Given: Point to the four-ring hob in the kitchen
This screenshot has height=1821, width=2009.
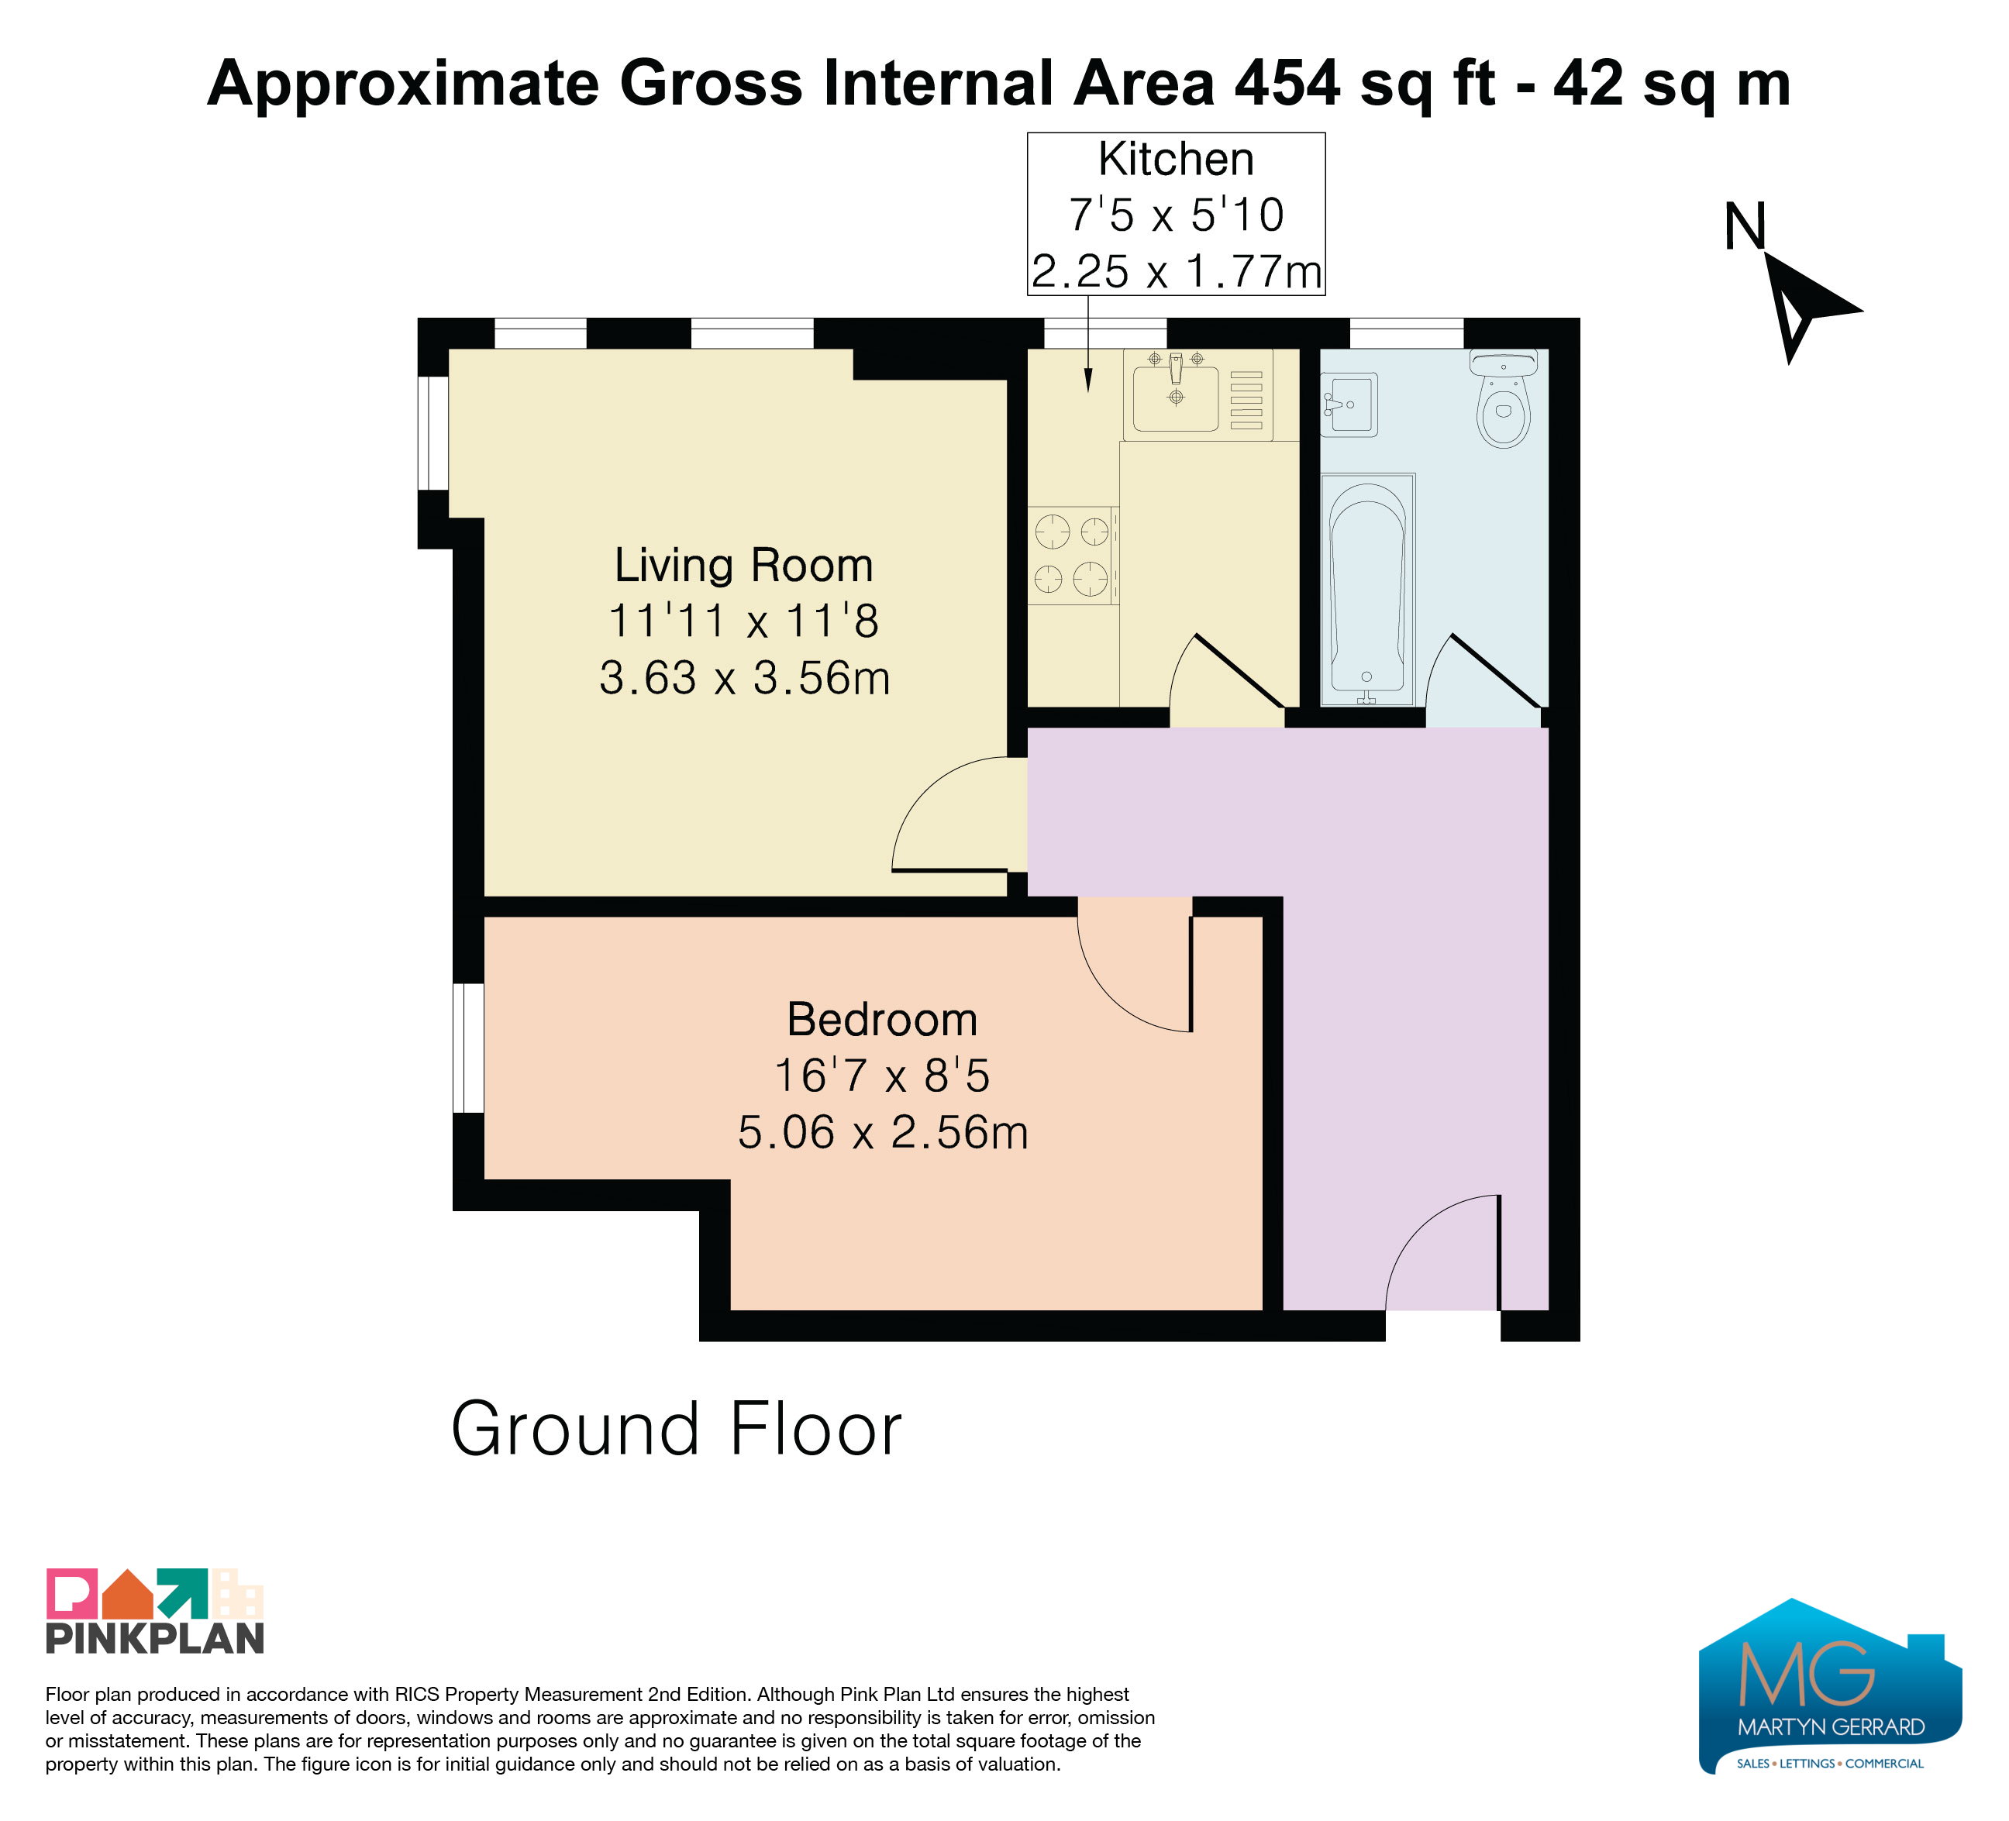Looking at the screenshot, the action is pos(1073,555).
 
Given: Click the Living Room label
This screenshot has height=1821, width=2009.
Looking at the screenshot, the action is pos(743,565).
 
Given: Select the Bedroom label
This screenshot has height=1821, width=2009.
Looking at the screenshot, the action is pos(882,1019).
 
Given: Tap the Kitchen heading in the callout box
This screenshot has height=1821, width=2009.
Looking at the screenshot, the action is pos(1176,160).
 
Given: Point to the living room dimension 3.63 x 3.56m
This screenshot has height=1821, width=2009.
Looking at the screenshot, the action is pos(744,677).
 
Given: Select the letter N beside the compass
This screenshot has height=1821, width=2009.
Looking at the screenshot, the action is pos(1745,227).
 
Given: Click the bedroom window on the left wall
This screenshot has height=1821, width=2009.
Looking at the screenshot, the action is pos(468,1048).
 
